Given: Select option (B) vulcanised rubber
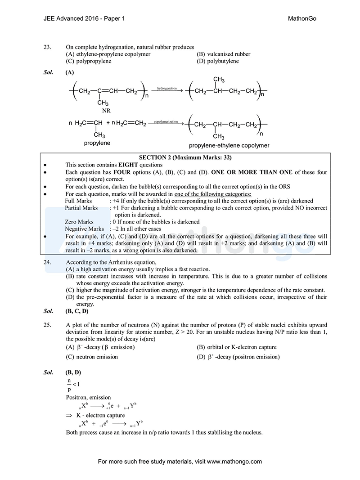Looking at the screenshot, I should coord(223,54).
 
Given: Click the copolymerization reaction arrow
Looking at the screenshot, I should coord(166,123).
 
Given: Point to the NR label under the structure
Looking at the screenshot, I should coord(106,110).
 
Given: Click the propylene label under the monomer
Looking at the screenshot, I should coord(97,143).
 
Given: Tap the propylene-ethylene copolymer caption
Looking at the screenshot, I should coord(229,145).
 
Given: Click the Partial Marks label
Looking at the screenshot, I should coord(81,208).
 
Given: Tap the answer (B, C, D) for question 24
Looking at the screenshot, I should coord(77,311).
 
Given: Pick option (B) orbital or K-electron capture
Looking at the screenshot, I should coord(236,347).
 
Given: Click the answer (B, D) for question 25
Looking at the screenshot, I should coord(73,372).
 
